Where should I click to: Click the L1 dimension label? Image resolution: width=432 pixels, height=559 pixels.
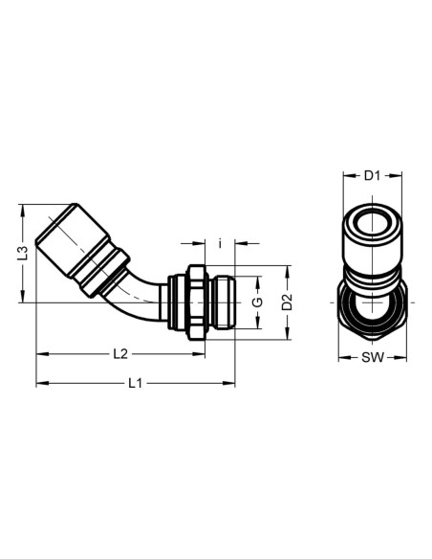point(135,383)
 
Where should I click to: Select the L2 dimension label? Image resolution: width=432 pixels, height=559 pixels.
point(120,354)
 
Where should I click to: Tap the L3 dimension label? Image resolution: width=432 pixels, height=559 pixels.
point(23,253)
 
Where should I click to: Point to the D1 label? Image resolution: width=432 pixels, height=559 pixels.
point(372,175)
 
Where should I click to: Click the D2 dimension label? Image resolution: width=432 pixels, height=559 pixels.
point(287,302)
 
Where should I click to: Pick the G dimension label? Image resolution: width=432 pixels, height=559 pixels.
point(257,302)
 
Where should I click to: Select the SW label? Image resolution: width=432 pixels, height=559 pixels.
point(373,357)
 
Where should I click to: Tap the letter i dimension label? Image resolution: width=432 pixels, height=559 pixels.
point(220,243)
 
